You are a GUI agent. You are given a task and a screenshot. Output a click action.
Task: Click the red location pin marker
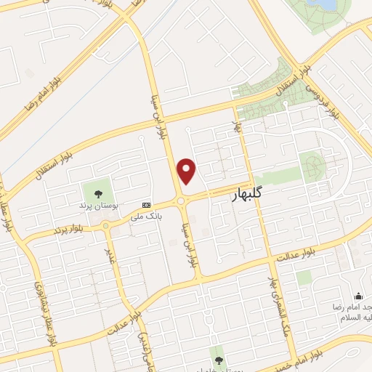(187, 171)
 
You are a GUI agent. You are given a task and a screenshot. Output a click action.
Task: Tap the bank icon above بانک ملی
(147, 205)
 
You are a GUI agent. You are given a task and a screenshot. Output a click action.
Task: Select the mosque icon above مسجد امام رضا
(358, 296)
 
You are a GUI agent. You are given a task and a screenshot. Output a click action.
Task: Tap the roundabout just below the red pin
(181, 201)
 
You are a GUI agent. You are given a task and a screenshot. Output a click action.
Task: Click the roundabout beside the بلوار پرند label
(106, 226)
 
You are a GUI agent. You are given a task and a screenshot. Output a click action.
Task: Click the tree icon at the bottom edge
(217, 359)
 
